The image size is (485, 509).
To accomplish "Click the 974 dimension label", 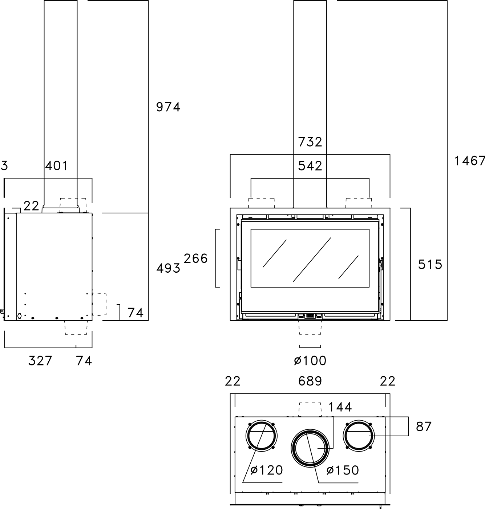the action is click(x=168, y=107).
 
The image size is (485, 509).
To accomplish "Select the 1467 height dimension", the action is click(x=470, y=161).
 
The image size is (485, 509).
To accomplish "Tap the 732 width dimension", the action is click(x=310, y=142).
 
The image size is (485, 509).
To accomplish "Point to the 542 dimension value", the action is click(x=310, y=166).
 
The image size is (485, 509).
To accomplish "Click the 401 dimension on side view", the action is click(x=56, y=166).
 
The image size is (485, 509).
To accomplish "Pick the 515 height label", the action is click(x=430, y=265).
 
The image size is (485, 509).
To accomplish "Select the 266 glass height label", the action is click(x=196, y=258).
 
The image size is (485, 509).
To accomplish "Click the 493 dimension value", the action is click(x=168, y=268).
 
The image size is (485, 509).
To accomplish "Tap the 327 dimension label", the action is click(x=40, y=361).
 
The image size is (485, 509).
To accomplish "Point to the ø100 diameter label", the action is click(x=310, y=361).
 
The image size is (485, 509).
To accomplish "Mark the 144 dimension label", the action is click(x=340, y=407).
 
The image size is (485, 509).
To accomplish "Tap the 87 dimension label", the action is click(x=424, y=427).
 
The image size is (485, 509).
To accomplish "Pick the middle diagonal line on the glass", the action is click(x=312, y=260).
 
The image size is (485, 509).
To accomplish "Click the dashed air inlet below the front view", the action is click(x=310, y=327).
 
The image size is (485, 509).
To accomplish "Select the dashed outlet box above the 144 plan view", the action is click(x=310, y=410).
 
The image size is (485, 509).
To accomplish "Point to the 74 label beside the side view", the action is click(x=136, y=313).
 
